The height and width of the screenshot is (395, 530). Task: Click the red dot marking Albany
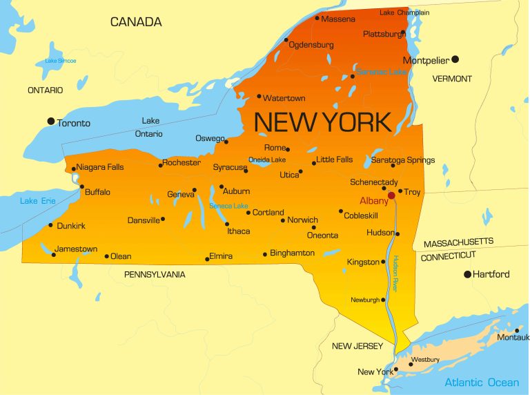tap(391, 195)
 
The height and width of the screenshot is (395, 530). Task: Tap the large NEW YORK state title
tap(322, 122)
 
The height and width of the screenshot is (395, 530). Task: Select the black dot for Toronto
tap(50, 122)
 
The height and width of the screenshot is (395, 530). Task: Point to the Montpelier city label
tap(426, 61)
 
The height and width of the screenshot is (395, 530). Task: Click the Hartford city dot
tap(467, 274)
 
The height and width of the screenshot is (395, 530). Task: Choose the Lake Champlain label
tap(404, 12)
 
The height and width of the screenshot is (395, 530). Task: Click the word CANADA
tap(136, 22)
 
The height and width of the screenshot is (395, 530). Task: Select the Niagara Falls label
tap(100, 167)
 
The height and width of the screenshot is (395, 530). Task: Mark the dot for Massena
tap(317, 18)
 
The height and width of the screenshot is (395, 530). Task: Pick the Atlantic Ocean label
tap(481, 383)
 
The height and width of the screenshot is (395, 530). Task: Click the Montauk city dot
tap(517, 330)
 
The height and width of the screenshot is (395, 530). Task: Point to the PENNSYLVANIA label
tap(155, 274)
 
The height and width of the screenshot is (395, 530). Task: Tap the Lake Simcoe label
tap(61, 61)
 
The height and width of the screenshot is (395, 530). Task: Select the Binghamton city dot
tap(265, 254)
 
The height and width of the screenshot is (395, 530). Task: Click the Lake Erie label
tap(38, 201)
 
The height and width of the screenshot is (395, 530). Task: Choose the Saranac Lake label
tap(381, 72)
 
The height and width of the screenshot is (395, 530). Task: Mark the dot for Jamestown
tap(54, 255)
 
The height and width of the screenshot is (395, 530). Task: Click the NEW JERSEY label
tap(357, 346)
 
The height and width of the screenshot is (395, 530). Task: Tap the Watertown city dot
tap(259, 97)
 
